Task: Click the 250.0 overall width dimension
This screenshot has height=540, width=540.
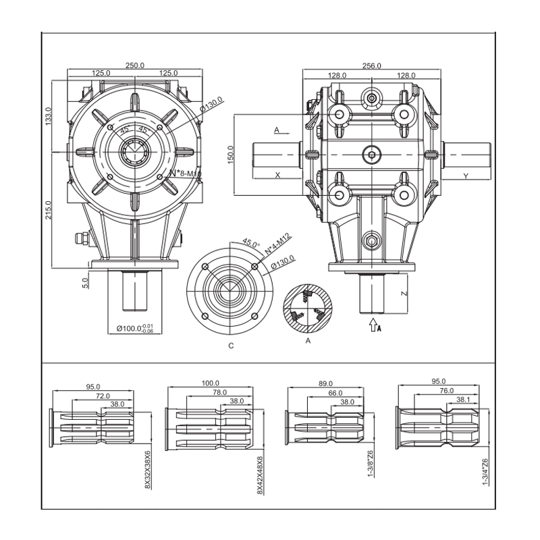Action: [135, 65]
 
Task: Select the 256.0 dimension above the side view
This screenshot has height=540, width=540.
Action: [372, 65]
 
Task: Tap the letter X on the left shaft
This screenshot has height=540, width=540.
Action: [277, 175]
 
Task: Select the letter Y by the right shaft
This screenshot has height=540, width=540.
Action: [466, 175]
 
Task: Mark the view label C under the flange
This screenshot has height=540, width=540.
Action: [230, 345]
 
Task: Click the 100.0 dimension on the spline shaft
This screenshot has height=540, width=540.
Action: [211, 383]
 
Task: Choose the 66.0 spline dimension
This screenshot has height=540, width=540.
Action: [335, 393]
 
